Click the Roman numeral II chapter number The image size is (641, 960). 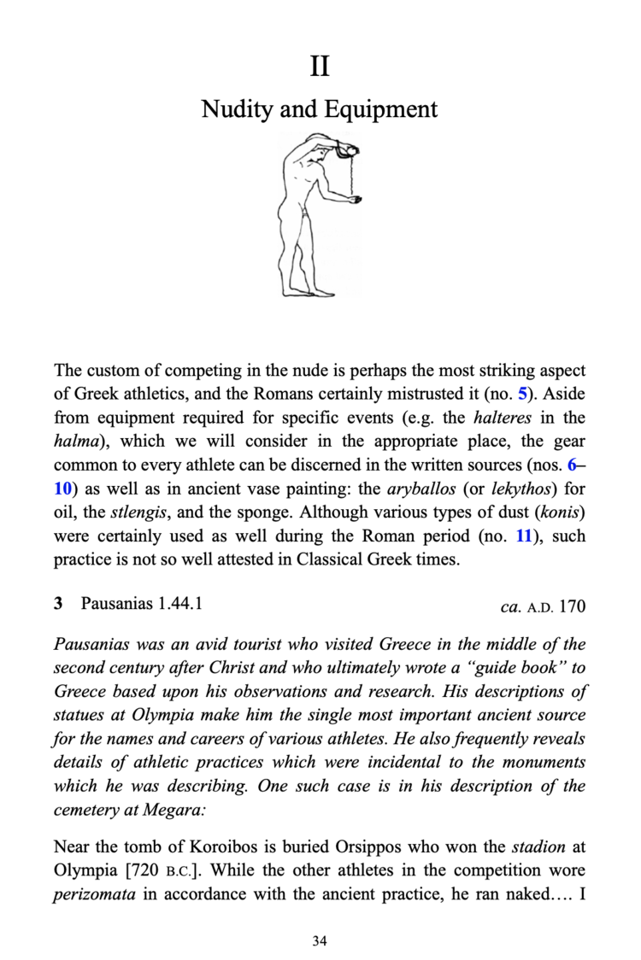[x=320, y=66]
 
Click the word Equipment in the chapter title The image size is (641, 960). [x=381, y=109]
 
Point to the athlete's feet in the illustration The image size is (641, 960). [x=303, y=290]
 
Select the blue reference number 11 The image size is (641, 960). [x=522, y=538]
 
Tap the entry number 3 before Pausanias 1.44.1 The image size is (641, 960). [x=58, y=604]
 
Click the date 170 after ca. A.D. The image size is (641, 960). [x=572, y=606]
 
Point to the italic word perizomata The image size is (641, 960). [x=92, y=895]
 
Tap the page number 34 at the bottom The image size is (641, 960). [x=320, y=941]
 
